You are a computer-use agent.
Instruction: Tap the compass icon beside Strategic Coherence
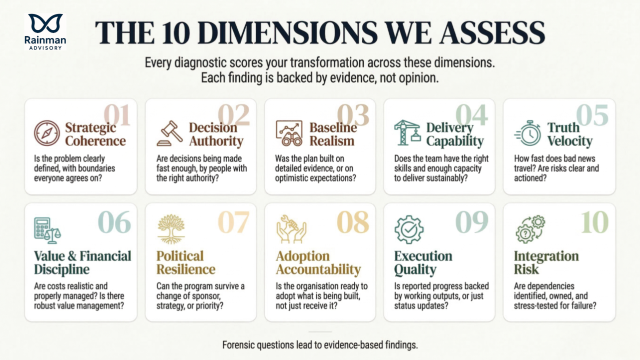47,133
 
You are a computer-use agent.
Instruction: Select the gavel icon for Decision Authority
170,133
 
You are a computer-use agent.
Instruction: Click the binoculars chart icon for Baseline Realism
289,133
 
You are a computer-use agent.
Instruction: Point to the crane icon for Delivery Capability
407,132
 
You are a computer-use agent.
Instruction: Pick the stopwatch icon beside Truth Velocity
528,133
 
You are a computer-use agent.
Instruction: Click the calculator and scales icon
46,229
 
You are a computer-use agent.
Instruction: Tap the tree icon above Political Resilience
171,229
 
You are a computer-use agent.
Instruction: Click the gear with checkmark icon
409,229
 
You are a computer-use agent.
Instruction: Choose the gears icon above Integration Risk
530,229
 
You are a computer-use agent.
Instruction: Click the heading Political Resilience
186,262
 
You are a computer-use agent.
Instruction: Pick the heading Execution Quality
423,262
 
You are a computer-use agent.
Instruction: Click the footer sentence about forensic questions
320,344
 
